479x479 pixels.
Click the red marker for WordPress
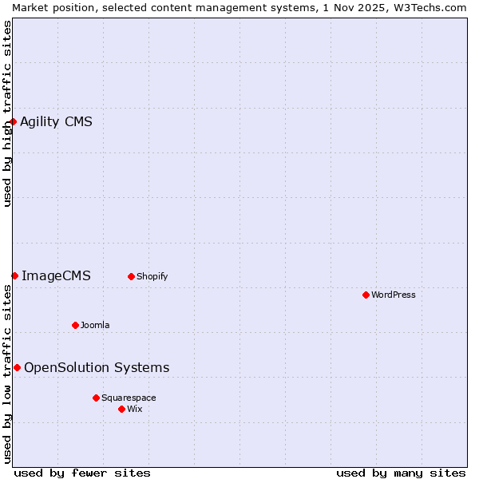pyautogui.click(x=366, y=295)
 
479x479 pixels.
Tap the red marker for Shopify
pyautogui.click(x=131, y=276)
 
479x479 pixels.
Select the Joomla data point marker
pyautogui.click(x=75, y=325)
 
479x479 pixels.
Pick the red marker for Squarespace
pyautogui.click(x=96, y=398)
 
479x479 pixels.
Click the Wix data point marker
pyautogui.click(x=121, y=409)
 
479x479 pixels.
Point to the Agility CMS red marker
pyautogui.click(x=14, y=121)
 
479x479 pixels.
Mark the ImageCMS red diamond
pyautogui.click(x=14, y=275)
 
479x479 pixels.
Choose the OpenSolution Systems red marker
pyautogui.click(x=17, y=367)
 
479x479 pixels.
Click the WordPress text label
pyautogui.click(x=394, y=295)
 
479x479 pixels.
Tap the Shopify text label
pyautogui.click(x=152, y=276)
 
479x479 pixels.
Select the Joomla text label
pyautogui.click(x=95, y=325)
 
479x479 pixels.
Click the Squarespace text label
pyautogui.click(x=129, y=398)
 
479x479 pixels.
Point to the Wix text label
pyautogui.click(x=135, y=409)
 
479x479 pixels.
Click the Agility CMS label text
pyautogui.click(x=56, y=121)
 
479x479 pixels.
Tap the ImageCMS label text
pyautogui.click(x=56, y=275)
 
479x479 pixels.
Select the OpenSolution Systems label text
pyautogui.click(x=97, y=367)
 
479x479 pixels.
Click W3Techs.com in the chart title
pyautogui.click(x=429, y=7)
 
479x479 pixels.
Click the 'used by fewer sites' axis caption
pyautogui.click(x=82, y=473)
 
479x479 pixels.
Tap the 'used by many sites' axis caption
pyautogui.click(x=401, y=473)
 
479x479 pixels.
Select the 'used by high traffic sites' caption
pyautogui.click(x=7, y=113)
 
